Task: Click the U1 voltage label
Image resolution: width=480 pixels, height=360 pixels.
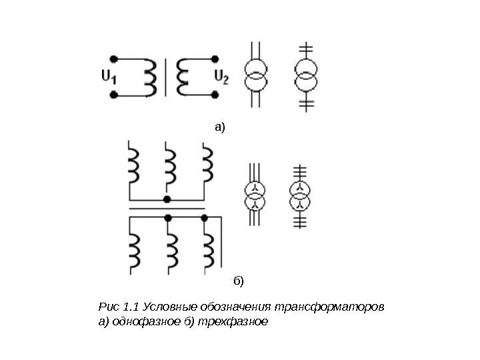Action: [109, 77]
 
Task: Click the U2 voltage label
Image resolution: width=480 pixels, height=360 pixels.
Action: [221, 77]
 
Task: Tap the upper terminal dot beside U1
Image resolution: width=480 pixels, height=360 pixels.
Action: [113, 58]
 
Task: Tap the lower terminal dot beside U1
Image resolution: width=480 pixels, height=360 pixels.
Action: [113, 95]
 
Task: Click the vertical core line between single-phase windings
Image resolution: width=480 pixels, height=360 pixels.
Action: [166, 77]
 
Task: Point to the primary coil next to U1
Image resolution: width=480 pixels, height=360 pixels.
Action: [150, 77]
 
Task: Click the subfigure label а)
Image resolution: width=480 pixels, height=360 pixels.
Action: [220, 125]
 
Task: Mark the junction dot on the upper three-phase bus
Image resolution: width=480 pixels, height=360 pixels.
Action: [167, 199]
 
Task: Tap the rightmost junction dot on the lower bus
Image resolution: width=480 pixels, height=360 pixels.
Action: [205, 217]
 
